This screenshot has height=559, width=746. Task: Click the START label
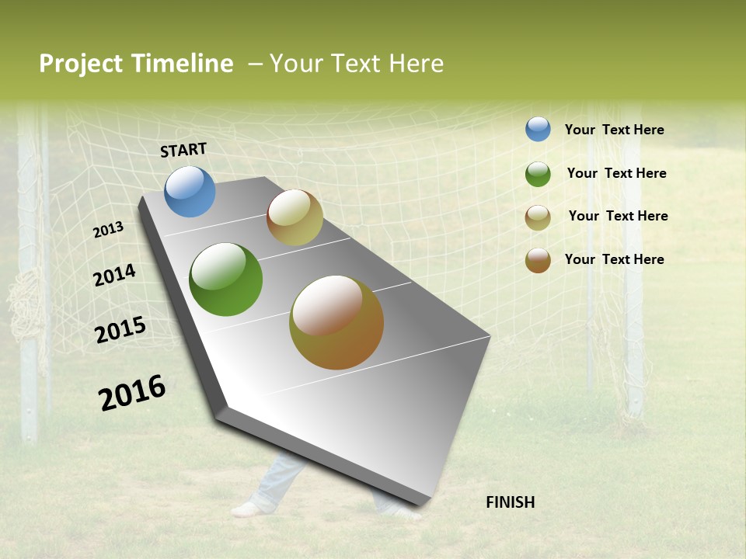coord(183,150)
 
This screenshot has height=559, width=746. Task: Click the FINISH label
coord(510,502)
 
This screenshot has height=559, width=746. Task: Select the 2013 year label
coord(109,229)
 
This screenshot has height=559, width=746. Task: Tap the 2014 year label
coord(114,275)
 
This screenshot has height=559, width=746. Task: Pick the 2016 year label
coord(132,392)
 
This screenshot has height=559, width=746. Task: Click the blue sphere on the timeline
coord(190,191)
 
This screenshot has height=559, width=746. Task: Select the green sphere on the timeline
coord(225,279)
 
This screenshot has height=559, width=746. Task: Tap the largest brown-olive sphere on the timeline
coord(336,322)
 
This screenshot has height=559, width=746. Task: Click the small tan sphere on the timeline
coord(295,217)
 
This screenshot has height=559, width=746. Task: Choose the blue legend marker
coord(538,129)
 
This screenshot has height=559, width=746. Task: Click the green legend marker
coord(538,174)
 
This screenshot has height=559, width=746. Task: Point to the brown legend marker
coord(538,260)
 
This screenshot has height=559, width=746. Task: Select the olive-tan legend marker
coord(538,217)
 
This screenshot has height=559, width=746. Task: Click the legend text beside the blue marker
coord(614,130)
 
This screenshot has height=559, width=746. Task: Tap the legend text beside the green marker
coord(616,173)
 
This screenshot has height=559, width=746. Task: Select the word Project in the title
coord(82,64)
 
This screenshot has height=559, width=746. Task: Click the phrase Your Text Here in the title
coord(357,64)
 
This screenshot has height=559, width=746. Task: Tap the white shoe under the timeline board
coord(249,509)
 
